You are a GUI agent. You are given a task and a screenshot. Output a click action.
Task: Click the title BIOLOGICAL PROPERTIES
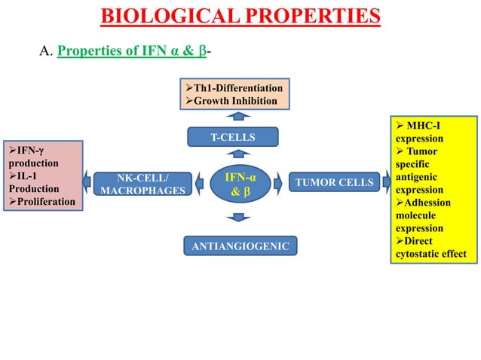240,15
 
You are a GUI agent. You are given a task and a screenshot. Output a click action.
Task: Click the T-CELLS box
233,137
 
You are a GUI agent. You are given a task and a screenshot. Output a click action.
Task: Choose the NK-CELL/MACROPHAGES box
142,184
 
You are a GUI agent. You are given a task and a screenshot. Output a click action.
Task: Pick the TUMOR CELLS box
334,182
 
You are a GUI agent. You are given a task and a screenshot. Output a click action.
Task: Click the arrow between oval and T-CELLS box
238,156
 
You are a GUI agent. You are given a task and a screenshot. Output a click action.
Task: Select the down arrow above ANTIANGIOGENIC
238,218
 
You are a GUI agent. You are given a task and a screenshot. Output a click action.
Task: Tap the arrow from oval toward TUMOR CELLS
277,182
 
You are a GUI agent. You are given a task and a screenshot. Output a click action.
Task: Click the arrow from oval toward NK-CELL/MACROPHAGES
199,182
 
